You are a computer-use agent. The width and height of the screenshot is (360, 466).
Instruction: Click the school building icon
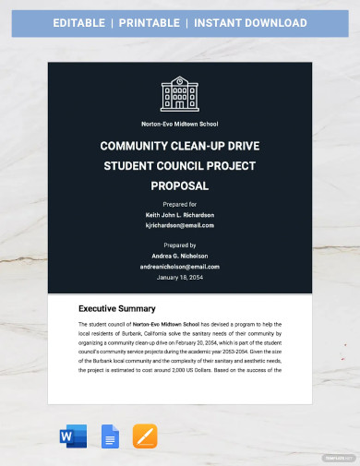(x=179, y=94)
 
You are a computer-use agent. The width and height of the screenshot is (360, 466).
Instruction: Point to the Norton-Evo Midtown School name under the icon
(x=179, y=124)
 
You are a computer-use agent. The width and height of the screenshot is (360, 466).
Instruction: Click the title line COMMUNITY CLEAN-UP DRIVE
(x=179, y=145)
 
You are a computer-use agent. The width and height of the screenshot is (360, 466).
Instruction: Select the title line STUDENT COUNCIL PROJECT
(x=179, y=165)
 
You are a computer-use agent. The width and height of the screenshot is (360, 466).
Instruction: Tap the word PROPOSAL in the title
(x=179, y=185)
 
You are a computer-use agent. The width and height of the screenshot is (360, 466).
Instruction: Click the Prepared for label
(x=179, y=205)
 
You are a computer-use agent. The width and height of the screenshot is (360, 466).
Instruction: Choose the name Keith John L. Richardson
(x=179, y=215)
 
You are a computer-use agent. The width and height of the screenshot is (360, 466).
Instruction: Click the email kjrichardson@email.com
(x=179, y=225)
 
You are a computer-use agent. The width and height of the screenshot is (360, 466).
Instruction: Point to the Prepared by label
(x=179, y=245)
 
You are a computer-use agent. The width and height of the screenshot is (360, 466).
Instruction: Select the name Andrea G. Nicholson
(x=179, y=256)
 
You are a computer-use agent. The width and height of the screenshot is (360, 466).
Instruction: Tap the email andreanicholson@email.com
(x=179, y=266)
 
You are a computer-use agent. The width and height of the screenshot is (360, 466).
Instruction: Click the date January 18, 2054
(x=179, y=277)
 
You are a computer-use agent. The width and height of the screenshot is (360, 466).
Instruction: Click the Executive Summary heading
(x=116, y=308)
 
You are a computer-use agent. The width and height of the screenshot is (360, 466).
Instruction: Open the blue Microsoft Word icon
(x=72, y=437)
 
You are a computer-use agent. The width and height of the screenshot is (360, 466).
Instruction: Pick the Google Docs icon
(x=110, y=437)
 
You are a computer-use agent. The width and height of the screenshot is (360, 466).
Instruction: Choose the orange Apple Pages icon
(x=145, y=437)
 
